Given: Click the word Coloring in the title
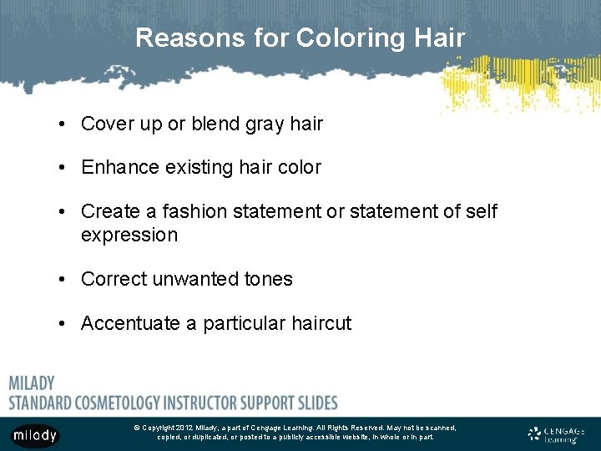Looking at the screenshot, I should (x=346, y=38).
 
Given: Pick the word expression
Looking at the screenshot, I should (x=129, y=235).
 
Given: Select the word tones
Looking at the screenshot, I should (x=266, y=279).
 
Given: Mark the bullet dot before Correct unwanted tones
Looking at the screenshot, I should (x=63, y=280).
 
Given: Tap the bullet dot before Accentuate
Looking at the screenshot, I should (x=63, y=324).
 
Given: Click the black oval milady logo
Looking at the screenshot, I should (x=35, y=435).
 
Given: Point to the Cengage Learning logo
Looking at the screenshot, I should (x=557, y=433).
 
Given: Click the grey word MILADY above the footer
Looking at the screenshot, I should (x=32, y=383).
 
